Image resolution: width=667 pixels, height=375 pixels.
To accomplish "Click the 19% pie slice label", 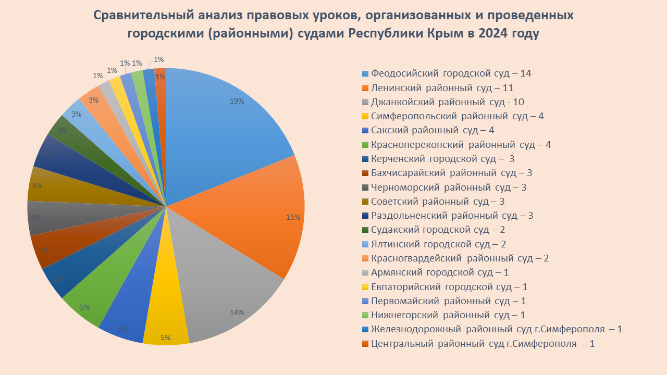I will pos(237,102).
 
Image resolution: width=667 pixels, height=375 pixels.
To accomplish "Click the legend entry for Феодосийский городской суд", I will pos(451,73).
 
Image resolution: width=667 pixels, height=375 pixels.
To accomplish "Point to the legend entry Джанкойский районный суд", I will pos(451,102).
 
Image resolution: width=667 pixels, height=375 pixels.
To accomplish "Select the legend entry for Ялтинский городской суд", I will pos(438,244).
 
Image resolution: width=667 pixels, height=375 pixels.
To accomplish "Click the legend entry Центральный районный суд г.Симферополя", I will pos(483,343).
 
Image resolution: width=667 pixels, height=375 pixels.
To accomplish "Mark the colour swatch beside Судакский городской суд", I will pos(365,230).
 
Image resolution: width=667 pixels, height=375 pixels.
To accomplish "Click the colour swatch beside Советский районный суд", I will pos(365,202).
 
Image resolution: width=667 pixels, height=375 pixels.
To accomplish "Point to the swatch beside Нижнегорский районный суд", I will pos(365,315).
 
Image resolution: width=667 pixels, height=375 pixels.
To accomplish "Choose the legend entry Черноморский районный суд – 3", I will pos(448,187).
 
